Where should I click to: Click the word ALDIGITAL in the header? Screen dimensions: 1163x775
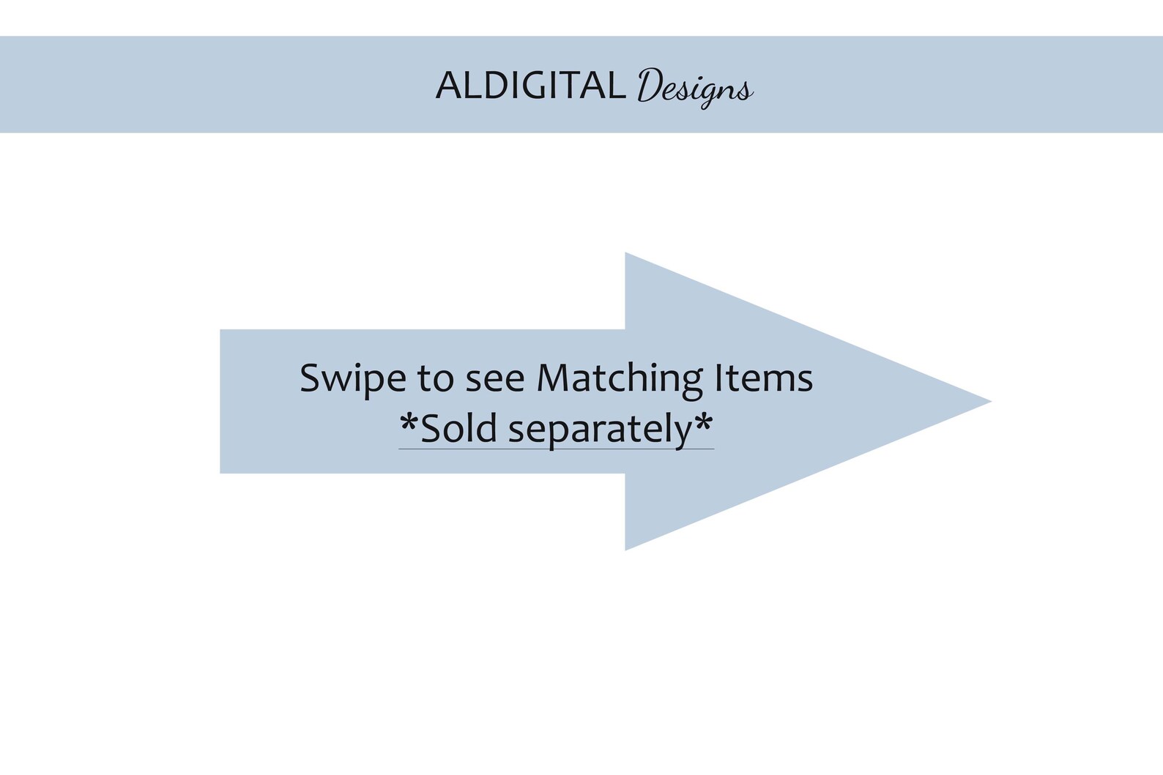point(531,85)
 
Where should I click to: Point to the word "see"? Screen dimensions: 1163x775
point(495,382)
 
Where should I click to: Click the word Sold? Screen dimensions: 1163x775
point(459,428)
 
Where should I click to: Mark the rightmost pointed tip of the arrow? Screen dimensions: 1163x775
point(991,401)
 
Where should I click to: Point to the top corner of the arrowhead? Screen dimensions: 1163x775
point(625,253)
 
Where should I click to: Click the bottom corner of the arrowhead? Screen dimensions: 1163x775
point(625,550)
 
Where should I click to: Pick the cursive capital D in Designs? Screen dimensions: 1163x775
point(650,85)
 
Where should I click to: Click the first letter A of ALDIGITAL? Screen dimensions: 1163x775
point(449,85)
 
